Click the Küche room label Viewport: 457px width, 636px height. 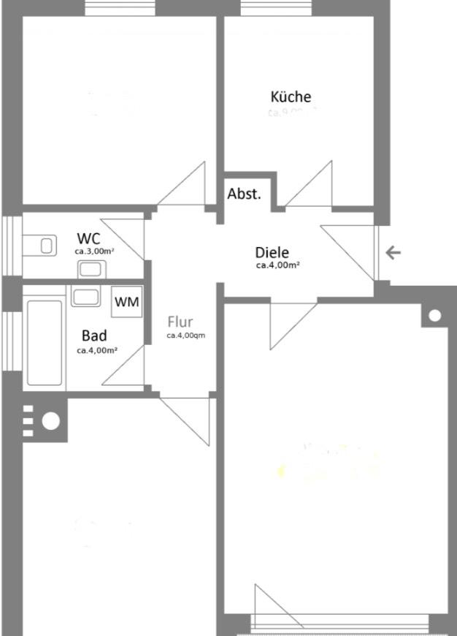(x=291, y=96)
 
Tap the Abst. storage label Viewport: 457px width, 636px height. (x=244, y=194)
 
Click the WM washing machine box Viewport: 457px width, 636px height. (x=127, y=301)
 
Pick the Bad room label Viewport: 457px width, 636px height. (x=94, y=336)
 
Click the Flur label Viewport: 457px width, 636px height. (x=180, y=322)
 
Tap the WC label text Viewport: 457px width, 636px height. (x=88, y=238)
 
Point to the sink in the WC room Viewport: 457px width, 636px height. (x=90, y=268)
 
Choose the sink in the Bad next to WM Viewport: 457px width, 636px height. (x=85, y=297)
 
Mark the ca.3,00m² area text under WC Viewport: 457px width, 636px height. (x=94, y=251)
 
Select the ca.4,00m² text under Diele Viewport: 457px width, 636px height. (x=277, y=265)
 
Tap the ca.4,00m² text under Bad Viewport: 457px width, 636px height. (x=97, y=350)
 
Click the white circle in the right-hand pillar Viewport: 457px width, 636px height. (x=434, y=316)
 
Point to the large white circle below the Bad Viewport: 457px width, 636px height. (x=50, y=420)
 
